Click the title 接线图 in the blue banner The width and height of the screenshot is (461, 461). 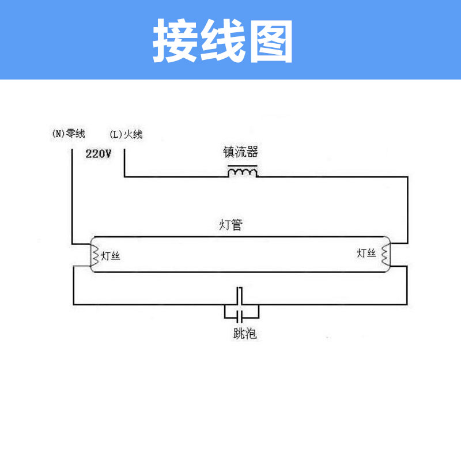[x=223, y=42]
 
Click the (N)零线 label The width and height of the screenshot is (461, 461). [x=69, y=134]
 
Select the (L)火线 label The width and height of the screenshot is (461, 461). [x=126, y=134]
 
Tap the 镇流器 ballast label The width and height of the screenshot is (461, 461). [x=240, y=152]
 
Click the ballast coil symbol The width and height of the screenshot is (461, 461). [x=242, y=172]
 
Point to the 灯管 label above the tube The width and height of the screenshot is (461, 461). [x=231, y=225]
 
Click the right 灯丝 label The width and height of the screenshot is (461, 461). [x=366, y=253]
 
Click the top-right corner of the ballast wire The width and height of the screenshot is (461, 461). [x=408, y=177]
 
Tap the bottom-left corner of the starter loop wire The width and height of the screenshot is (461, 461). [x=74, y=304]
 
